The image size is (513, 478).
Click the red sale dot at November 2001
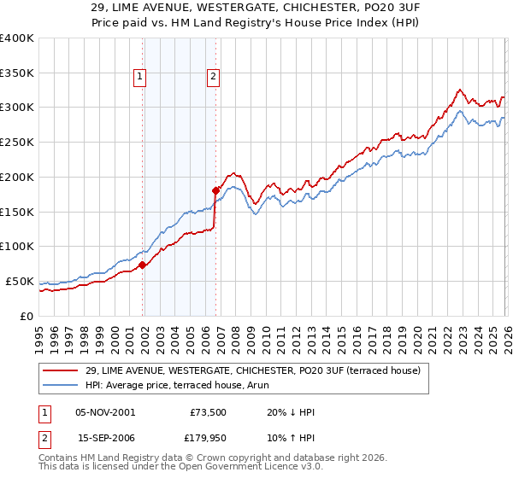[143, 265]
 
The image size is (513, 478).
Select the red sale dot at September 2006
[216, 190]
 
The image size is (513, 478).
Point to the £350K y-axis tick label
[17, 73]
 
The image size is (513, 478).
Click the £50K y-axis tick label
[20, 281]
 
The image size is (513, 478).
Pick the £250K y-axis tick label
[17, 143]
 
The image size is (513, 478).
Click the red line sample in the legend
[60, 371]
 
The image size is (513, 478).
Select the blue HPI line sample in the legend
[60, 386]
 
